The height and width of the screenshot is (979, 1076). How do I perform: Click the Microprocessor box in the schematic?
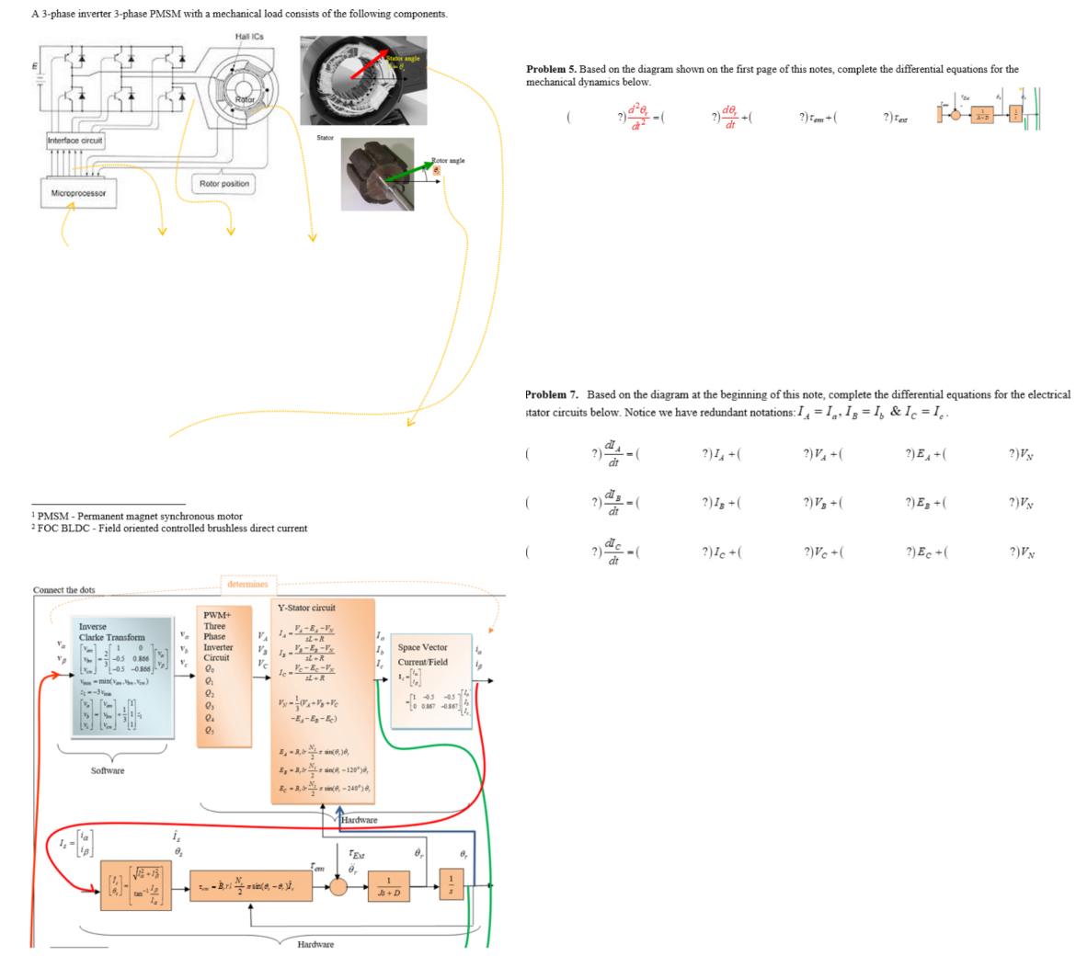coord(78,193)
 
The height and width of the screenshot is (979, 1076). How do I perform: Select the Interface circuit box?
coord(75,141)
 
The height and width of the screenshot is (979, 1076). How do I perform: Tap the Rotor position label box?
coord(223,184)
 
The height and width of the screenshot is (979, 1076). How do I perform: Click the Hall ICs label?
coord(248,37)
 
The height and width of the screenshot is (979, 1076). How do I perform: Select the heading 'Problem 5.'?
coord(551,69)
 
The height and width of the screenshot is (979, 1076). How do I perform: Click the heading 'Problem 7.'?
coord(550,394)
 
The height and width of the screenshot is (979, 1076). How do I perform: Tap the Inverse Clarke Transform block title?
coord(111,632)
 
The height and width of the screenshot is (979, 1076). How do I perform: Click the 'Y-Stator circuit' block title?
coord(306,608)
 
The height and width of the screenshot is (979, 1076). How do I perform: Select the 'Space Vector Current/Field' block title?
coord(422,654)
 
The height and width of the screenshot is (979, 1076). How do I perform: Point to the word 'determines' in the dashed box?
coord(247,584)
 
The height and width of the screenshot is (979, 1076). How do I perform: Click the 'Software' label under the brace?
coord(108,770)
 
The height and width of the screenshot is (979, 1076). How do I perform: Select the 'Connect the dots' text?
coord(63,590)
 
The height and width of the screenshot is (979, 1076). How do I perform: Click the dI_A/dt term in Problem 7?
coord(613,453)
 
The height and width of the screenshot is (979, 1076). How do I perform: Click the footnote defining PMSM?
coord(139,517)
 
